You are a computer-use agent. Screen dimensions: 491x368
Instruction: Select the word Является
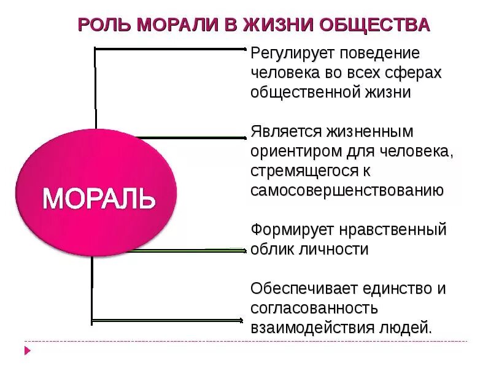pos(287,132)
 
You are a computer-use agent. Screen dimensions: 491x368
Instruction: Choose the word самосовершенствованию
pos(347,190)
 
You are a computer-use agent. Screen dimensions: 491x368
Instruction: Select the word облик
pos(271,250)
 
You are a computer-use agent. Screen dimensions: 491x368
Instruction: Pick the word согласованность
pos(314,308)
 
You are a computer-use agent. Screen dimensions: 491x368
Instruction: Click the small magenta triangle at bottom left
pos(27,351)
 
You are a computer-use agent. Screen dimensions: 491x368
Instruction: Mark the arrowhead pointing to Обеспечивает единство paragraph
pos(240,320)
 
